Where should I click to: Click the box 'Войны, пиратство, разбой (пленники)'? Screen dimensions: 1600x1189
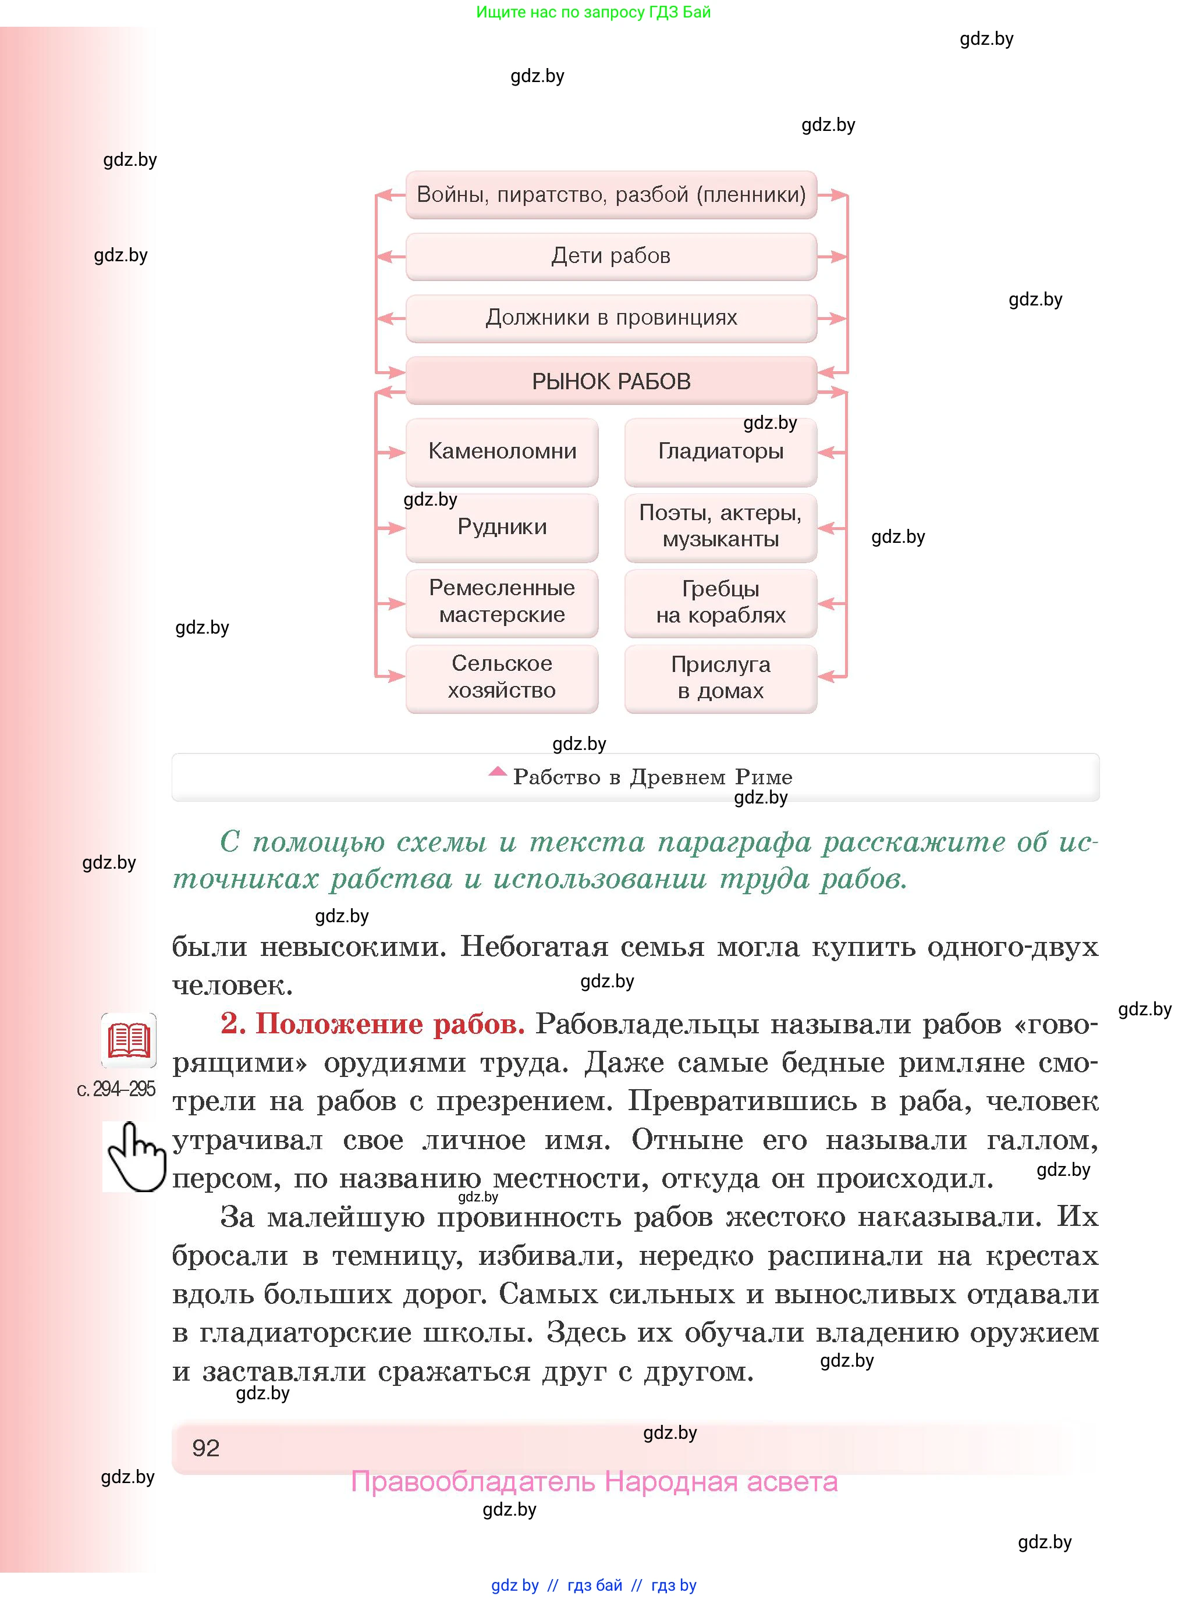pyautogui.click(x=611, y=195)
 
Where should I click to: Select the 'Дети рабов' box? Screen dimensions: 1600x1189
pyautogui.click(x=611, y=256)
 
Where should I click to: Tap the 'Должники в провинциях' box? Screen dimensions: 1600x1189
pyautogui.click(x=611, y=318)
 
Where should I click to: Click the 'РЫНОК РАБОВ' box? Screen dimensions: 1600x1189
pyautogui.click(x=611, y=381)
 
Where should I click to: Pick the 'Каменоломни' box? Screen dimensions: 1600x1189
pyautogui.click(x=502, y=452)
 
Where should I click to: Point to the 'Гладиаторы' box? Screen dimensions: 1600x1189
pyautogui.click(x=721, y=452)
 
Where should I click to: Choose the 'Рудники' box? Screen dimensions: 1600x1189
pyautogui.click(x=502, y=527)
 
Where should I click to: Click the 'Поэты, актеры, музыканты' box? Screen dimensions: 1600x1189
pyautogui.click(x=721, y=527)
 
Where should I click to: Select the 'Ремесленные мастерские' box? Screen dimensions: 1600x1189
pyautogui.click(x=502, y=602)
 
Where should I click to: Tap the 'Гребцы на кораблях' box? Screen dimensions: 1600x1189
pyautogui.click(x=721, y=602)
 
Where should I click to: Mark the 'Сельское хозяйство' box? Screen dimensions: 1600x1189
pyautogui.click(x=502, y=678)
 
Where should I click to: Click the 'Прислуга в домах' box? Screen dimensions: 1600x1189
pyautogui.click(x=721, y=678)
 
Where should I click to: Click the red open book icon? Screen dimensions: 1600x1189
pyautogui.click(x=129, y=1040)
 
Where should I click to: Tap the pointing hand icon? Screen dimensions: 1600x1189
pyautogui.click(x=134, y=1157)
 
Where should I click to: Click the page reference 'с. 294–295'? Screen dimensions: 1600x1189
pyautogui.click(x=116, y=1089)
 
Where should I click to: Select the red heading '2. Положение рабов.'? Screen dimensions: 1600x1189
pyautogui.click(x=372, y=1024)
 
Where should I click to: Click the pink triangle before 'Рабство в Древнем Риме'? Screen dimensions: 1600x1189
pyautogui.click(x=498, y=772)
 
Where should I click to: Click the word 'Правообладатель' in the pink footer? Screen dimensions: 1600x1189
pyautogui.click(x=473, y=1482)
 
